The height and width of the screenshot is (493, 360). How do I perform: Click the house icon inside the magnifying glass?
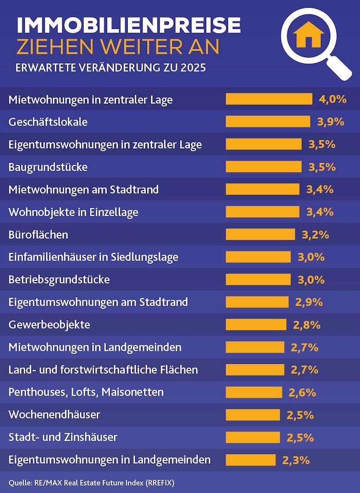(309, 34)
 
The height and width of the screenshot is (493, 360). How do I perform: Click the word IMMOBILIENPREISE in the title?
(128, 25)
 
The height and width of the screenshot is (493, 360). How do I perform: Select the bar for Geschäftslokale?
(268, 121)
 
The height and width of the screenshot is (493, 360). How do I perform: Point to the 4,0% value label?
(332, 99)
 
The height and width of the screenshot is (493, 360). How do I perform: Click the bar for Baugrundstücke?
(264, 167)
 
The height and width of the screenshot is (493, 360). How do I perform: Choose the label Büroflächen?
(39, 235)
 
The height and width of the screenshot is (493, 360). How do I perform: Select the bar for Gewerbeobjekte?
(256, 325)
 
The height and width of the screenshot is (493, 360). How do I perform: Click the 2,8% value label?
(307, 325)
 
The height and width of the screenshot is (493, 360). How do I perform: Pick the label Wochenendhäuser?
(55, 415)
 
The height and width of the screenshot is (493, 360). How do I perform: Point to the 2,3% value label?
(296, 460)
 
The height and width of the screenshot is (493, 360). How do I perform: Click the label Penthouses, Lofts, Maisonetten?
(86, 392)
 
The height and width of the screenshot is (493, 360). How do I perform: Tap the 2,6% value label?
(302, 393)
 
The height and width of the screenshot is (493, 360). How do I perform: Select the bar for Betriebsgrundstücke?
(258, 279)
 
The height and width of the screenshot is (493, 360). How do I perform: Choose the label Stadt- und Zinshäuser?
(63, 437)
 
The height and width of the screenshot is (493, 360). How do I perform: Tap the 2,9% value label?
(309, 302)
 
